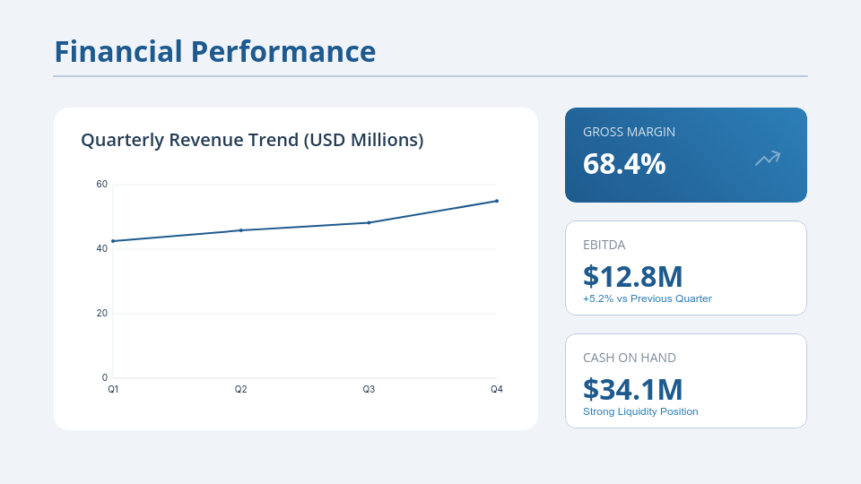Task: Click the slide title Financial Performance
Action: click(x=214, y=51)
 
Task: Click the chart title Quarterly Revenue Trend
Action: click(x=252, y=140)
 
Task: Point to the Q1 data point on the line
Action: click(x=113, y=241)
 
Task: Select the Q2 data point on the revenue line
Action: click(x=241, y=230)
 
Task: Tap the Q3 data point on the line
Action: click(x=369, y=222)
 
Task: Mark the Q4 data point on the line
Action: click(x=497, y=201)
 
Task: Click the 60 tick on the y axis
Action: click(x=102, y=185)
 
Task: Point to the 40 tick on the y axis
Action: click(x=102, y=248)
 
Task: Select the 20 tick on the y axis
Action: click(x=102, y=313)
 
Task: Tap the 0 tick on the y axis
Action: click(x=105, y=377)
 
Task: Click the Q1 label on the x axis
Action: click(x=113, y=390)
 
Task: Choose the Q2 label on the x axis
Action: click(x=241, y=390)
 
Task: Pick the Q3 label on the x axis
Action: click(x=369, y=390)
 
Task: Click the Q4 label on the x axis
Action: click(x=497, y=390)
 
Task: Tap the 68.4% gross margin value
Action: click(x=624, y=164)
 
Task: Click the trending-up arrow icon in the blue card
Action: click(x=768, y=159)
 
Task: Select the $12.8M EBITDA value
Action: click(x=632, y=276)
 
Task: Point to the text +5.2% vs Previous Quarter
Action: click(x=647, y=298)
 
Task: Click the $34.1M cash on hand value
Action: click(x=632, y=389)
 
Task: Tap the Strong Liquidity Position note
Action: click(x=640, y=411)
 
